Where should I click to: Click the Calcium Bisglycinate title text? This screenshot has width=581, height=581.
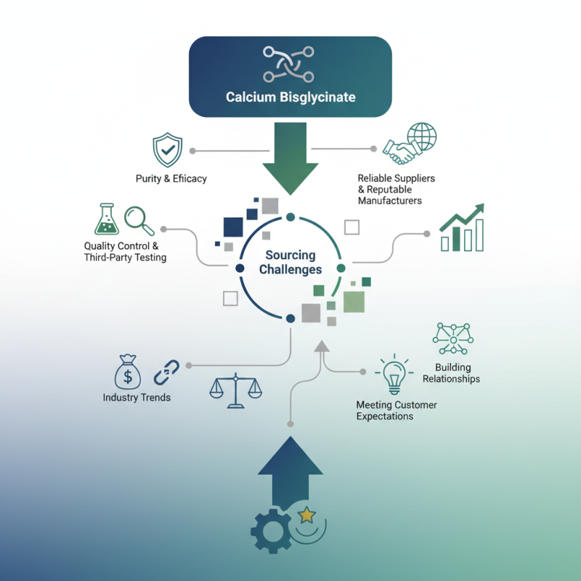[290, 97]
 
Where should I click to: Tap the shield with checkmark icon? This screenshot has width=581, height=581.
[167, 150]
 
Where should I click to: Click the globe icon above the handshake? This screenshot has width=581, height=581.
[422, 137]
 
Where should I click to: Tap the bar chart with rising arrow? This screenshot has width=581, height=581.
[462, 228]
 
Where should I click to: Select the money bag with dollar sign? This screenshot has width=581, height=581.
[128, 372]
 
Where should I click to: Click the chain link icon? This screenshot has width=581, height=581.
[166, 372]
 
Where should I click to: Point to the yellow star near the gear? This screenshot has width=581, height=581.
[307, 516]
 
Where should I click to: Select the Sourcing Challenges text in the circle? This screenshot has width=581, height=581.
[290, 262]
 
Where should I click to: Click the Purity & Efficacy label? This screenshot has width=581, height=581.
[171, 179]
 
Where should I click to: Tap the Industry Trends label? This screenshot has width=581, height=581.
[137, 397]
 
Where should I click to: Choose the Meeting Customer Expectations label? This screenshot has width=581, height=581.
[396, 410]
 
